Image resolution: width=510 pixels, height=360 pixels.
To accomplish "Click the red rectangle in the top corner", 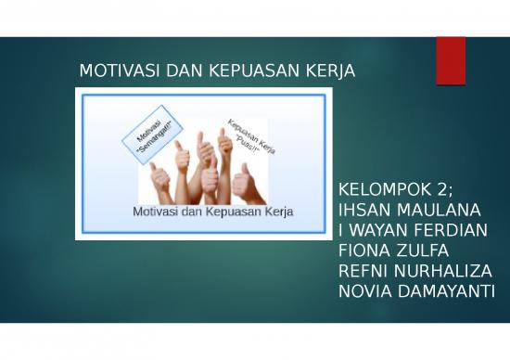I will coord(451,59).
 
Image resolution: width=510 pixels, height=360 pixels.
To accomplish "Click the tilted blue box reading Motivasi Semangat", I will coord(147,135).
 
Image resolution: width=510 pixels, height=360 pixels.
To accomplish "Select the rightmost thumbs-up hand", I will coord(246,178).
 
